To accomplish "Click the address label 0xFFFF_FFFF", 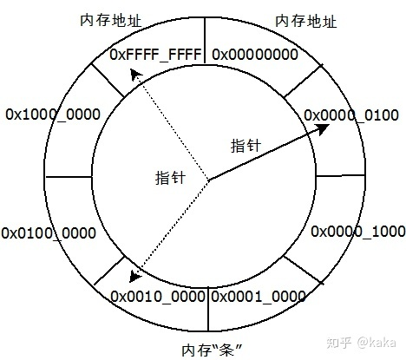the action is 155,55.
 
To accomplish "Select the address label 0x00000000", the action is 255,55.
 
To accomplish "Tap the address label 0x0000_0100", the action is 351,115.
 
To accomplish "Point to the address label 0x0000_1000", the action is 358,232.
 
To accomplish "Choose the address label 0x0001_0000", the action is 259,297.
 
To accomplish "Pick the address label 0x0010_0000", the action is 158,297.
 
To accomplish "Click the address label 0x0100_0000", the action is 49,233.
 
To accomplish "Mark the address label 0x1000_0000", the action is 53,115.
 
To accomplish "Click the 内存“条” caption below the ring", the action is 212,350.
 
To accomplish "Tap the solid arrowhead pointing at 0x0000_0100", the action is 323,129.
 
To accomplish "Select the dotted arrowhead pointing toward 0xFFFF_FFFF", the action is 135,75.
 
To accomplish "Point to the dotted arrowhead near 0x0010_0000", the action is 134,276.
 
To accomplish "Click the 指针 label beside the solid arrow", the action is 246,146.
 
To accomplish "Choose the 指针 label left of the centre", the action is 170,177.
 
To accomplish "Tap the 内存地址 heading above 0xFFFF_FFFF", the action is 111,21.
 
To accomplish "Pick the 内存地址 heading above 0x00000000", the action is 306,21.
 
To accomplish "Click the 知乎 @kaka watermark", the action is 361,343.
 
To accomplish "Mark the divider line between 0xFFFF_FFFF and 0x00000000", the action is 205,41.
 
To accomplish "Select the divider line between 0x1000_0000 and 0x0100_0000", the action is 69,177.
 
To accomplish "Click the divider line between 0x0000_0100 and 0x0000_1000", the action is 340,175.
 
